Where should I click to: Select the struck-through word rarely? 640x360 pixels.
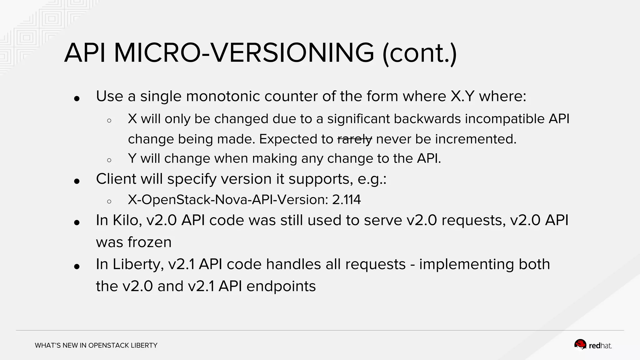click(355, 139)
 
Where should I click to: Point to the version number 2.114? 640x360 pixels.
click(346, 200)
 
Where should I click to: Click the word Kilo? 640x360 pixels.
click(125, 220)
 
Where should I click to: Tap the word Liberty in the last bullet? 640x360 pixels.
click(138, 264)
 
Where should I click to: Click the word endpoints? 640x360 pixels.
click(281, 286)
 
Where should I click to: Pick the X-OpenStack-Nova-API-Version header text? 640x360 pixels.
click(227, 200)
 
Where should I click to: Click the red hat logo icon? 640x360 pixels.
click(580, 345)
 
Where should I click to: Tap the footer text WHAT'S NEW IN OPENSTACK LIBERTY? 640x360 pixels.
click(96, 345)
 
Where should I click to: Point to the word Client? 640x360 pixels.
click(116, 179)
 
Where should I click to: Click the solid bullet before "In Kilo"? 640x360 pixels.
click(77, 222)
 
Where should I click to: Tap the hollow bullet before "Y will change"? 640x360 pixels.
click(109, 160)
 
